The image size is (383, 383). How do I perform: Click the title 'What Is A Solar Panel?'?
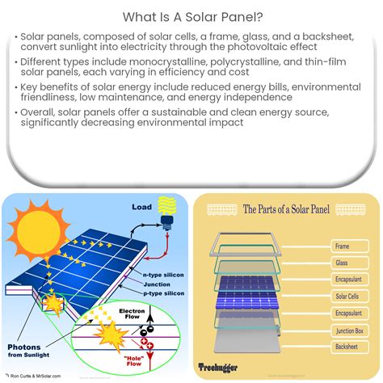point(191,16)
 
